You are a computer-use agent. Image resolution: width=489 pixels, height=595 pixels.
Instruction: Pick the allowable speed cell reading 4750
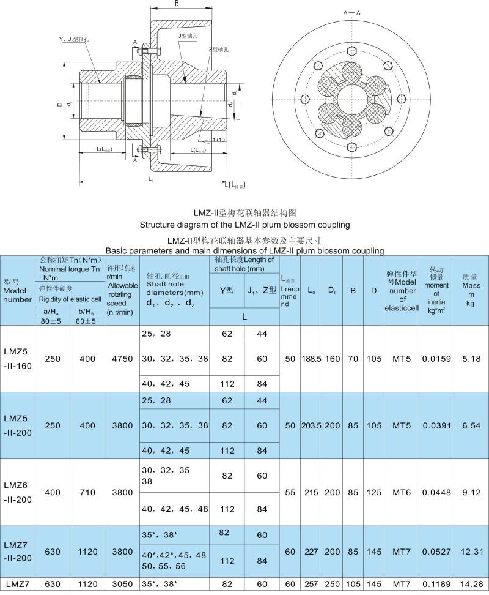tap(122, 359)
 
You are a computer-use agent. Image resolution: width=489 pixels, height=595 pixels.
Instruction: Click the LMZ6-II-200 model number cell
tap(17, 492)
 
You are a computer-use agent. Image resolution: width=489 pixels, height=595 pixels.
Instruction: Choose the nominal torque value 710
tap(87, 492)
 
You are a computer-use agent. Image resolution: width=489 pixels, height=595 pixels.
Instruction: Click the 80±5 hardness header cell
tap(52, 321)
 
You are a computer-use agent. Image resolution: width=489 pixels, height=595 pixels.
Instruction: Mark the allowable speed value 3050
tap(122, 585)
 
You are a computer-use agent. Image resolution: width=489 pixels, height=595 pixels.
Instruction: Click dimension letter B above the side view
tap(176, 4)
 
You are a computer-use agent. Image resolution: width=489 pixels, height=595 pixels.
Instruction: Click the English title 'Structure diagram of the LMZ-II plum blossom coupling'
tap(244, 225)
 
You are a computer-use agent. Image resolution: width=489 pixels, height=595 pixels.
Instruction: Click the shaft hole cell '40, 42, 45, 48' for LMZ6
tap(174, 509)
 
